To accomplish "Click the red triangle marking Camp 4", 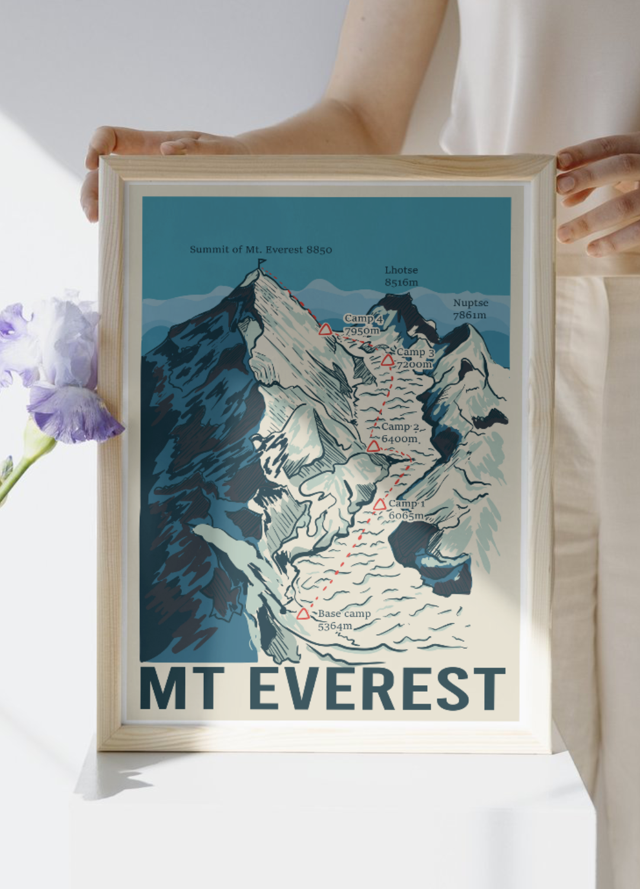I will click(325, 329).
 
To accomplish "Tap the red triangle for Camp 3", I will click(388, 360).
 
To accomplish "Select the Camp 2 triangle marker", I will click(373, 446).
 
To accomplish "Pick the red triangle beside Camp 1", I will click(380, 504).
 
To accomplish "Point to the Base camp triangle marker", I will click(303, 613).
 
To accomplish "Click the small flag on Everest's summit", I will click(260, 263).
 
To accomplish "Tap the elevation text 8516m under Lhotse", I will click(401, 282).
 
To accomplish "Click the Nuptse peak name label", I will click(471, 303).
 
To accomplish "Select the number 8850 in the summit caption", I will click(319, 250).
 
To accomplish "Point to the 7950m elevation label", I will click(361, 331).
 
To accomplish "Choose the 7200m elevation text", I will click(414, 364).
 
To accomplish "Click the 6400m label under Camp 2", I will click(399, 439).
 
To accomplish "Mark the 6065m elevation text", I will click(406, 516).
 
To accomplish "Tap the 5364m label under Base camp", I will click(335, 626).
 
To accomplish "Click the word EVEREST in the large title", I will click(377, 689).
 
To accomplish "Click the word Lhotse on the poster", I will click(401, 270).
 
